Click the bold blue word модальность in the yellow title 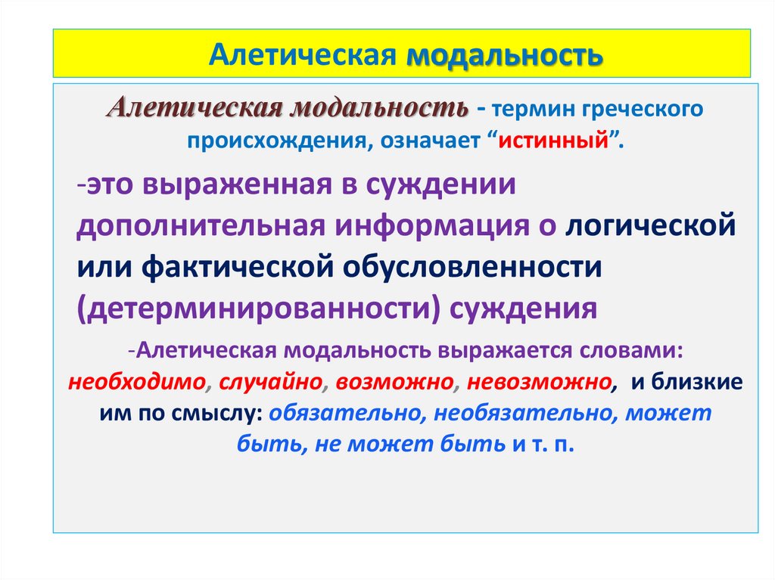(506, 55)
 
